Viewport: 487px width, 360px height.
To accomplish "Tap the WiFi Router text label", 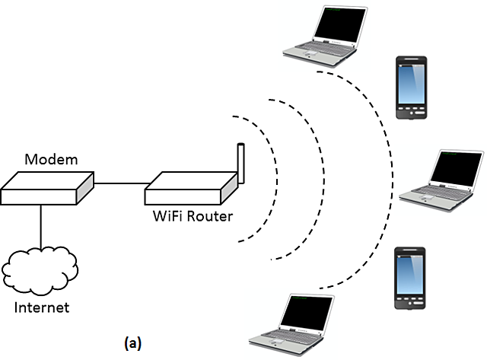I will click(191, 216).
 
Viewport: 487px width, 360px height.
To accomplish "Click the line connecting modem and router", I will click(120, 183).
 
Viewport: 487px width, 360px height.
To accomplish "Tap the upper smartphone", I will click(410, 86).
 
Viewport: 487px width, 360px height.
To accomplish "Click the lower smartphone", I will click(409, 278).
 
